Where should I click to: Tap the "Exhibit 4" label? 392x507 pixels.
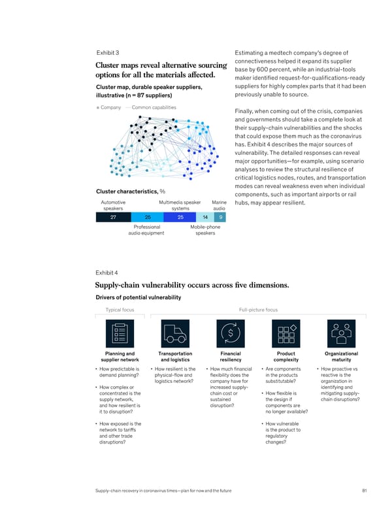coord(107,272)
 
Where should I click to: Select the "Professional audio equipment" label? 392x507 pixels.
coord(146,231)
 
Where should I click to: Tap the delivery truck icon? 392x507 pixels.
coord(175,333)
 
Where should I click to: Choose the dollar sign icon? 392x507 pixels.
coord(231,333)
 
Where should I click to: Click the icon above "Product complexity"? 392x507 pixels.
coord(286,333)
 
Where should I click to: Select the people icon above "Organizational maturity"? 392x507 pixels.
coord(341,333)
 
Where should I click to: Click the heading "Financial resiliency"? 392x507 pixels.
coord(231,357)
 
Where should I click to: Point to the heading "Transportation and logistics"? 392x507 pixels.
coord(175,357)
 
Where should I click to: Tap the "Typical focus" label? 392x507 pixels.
coord(120,309)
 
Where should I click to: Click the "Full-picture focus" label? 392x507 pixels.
coord(258,309)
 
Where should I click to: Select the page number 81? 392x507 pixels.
coord(353,491)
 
